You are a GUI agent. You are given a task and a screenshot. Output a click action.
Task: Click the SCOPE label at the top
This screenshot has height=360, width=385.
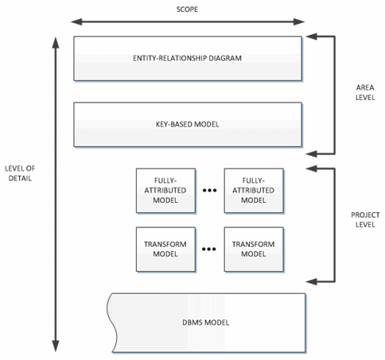point(187,9)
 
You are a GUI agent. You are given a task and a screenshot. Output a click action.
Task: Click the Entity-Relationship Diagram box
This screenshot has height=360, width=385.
point(188,58)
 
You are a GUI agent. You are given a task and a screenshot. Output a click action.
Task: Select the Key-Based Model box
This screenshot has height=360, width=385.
point(188,125)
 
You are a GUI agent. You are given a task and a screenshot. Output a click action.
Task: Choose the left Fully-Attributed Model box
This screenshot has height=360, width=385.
point(166,191)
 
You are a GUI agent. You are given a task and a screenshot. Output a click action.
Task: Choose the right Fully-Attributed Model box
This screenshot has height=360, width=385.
point(253,191)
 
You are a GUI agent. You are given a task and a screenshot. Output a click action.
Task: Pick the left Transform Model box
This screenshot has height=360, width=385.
point(166,248)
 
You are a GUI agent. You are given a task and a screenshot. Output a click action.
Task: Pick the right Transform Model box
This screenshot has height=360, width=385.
point(253,248)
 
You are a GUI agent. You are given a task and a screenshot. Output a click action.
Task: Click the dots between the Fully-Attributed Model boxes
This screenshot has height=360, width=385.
point(210,192)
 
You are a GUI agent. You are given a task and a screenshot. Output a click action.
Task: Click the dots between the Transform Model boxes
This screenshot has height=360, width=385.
point(210,249)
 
